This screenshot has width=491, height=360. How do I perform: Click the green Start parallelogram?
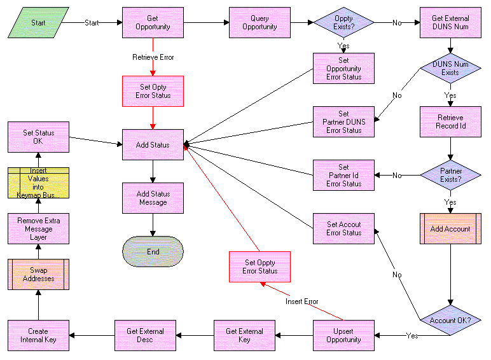[38, 23]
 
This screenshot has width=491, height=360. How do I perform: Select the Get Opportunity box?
[153, 23]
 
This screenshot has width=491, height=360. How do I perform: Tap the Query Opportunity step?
[259, 23]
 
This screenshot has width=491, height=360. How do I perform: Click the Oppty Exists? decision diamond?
[343, 23]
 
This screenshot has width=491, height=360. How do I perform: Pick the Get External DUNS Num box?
[450, 23]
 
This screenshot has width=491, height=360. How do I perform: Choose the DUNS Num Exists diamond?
[450, 68]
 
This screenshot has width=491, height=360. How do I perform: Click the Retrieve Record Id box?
[450, 121]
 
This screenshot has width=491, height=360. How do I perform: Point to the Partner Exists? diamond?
[450, 175]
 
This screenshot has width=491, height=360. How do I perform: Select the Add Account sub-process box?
[450, 228]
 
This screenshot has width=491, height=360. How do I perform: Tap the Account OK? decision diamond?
[450, 320]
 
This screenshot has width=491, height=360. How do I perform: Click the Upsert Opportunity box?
[343, 335]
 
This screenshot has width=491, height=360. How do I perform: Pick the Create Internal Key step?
[38, 335]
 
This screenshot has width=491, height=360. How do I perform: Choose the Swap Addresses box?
[38, 274]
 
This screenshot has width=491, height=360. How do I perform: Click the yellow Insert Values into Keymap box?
[38, 183]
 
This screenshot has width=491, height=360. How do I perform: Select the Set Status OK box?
[38, 137]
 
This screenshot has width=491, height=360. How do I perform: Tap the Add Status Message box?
[153, 198]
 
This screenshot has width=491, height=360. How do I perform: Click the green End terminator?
[153, 251]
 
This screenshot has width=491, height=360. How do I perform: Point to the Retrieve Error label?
[153, 57]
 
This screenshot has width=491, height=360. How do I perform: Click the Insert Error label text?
[301, 301]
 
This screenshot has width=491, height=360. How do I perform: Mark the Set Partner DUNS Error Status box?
[343, 121]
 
